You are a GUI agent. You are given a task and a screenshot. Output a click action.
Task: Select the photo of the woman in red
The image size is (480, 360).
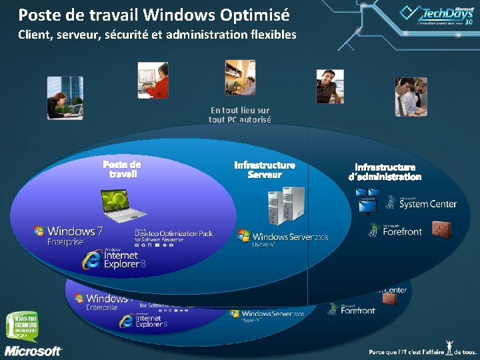[153, 79]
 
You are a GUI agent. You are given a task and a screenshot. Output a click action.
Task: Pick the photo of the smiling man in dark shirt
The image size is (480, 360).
[329, 86]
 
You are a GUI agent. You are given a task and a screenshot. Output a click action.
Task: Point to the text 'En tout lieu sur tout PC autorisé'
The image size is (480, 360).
[239, 115]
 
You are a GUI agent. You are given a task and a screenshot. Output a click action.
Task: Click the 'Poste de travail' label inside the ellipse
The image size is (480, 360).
[122, 169]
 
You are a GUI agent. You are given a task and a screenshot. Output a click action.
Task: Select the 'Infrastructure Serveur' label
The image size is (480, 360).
[265, 169]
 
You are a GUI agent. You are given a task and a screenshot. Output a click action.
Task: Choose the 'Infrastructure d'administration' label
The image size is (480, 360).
[385, 172]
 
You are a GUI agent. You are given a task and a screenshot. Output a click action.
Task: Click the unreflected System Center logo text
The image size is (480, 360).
[427, 203]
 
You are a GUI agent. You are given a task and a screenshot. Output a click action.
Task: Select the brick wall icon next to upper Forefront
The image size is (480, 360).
[441, 229]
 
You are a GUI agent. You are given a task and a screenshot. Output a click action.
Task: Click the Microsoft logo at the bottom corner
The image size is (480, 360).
[33, 351]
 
